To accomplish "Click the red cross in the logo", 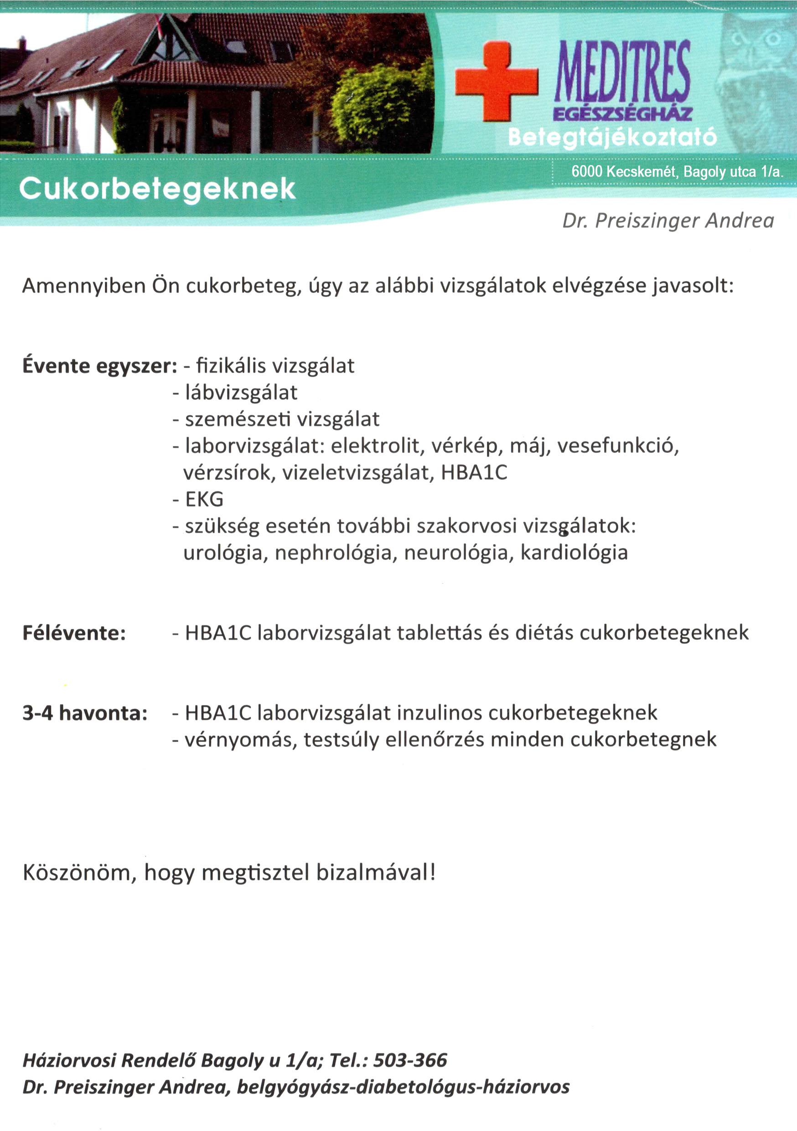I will click(496, 81).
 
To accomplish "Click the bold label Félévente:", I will click(74, 633).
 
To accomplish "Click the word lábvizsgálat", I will click(241, 393).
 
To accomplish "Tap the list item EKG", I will click(204, 499).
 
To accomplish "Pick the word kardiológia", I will click(574, 553).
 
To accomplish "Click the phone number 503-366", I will click(410, 1060).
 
